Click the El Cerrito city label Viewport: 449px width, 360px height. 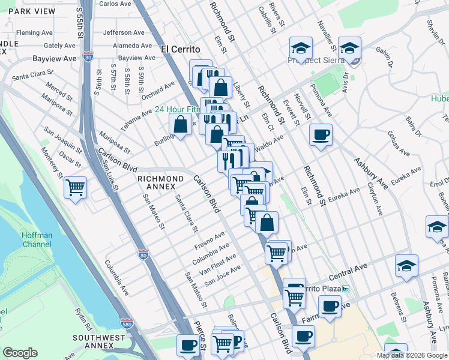[x=181, y=49]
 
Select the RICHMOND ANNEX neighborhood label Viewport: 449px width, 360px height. [x=160, y=179]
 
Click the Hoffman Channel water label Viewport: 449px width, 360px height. [x=38, y=241]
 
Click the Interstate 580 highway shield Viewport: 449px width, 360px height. [x=126, y=324]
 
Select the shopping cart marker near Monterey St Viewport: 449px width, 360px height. [x=76, y=187]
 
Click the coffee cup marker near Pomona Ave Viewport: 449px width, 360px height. [x=321, y=134]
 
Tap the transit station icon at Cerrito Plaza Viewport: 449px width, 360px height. [x=346, y=289]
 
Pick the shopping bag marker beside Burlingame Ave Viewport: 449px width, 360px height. [x=180, y=125]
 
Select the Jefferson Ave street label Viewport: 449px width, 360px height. [x=124, y=32]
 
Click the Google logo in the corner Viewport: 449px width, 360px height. [x=20, y=353]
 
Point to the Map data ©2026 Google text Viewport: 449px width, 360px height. [x=411, y=355]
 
